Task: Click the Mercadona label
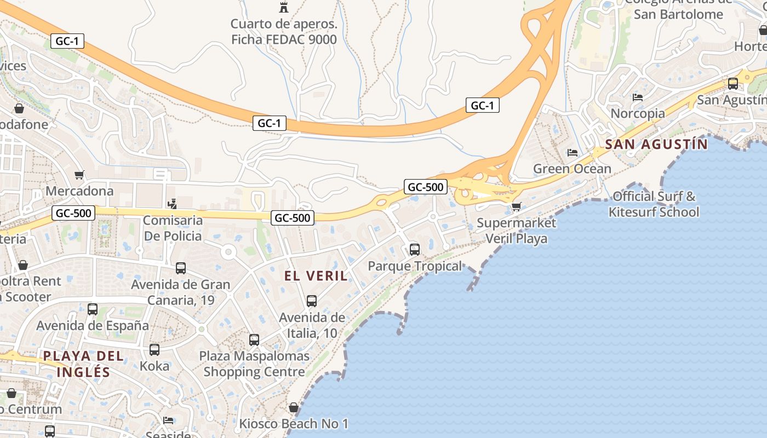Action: tap(79, 191)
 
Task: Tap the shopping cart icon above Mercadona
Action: tap(79, 175)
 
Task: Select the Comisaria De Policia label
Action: tap(172, 228)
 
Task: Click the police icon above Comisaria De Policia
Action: tap(172, 204)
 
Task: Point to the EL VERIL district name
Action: tap(316, 276)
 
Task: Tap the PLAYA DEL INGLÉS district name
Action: tap(84, 364)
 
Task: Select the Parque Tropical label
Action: tap(415, 266)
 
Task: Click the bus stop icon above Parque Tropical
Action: tap(415, 250)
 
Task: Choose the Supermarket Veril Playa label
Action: tap(516, 230)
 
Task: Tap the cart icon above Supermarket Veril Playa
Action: tap(516, 206)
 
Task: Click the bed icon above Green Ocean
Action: tap(573, 153)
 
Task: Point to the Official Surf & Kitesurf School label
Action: tap(654, 204)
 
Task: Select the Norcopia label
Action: tap(638, 113)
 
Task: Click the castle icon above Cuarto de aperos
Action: tap(284, 8)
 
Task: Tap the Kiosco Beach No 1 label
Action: tap(294, 424)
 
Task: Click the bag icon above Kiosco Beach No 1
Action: tap(294, 407)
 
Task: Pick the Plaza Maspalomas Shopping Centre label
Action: tap(254, 364)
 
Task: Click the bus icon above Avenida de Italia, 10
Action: tap(312, 301)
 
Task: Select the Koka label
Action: tap(154, 366)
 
